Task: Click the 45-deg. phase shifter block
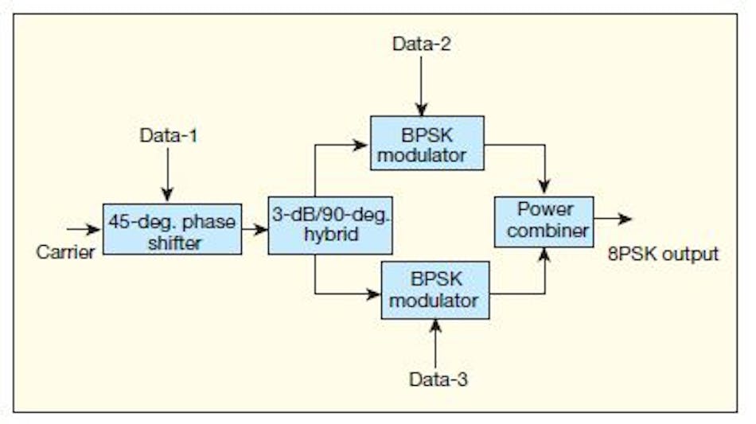click(172, 229)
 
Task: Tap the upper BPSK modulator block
click(427, 143)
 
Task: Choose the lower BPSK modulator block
click(435, 290)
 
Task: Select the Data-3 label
click(438, 379)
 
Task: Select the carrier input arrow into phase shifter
click(84, 229)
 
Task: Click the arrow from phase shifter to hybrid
click(255, 229)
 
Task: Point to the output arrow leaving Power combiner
click(613, 219)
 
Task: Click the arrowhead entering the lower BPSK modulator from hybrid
click(374, 294)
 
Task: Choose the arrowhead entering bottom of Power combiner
click(545, 253)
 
